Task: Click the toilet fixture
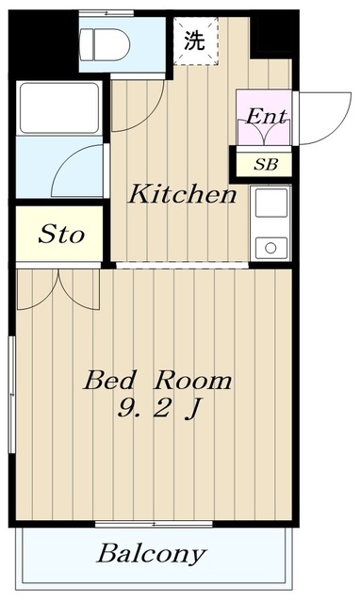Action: coord(105,44)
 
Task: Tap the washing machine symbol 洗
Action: coord(194,41)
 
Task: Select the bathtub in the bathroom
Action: coord(59,108)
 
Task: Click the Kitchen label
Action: coord(182,195)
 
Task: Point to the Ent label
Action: coord(266,116)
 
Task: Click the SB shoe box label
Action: coord(266,165)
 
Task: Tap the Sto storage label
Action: coord(60,234)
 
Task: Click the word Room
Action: coord(193,380)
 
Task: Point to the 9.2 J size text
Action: coord(158,408)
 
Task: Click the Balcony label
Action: coord(151,553)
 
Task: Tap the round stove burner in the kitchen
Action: coord(270,248)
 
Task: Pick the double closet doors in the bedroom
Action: coord(58,289)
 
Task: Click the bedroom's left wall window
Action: coord(12,395)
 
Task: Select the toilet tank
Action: coord(87,44)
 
